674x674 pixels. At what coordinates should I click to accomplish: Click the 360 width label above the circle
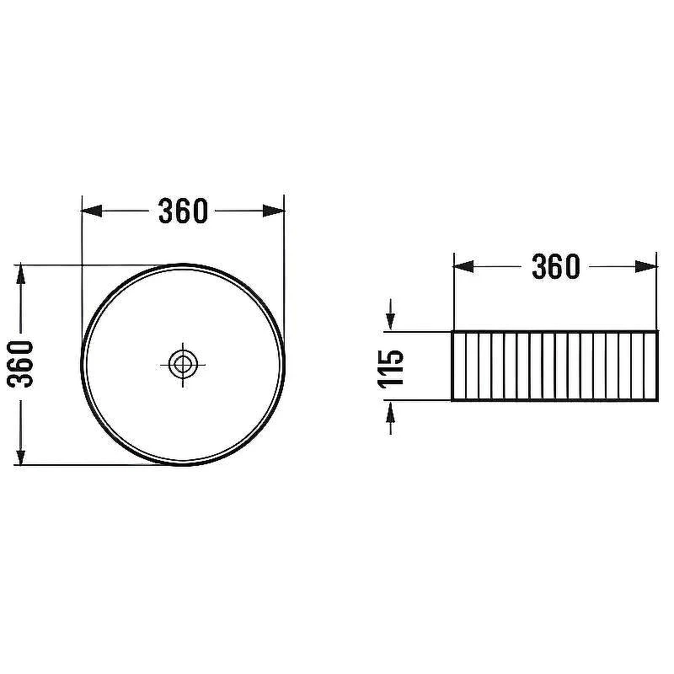(183, 211)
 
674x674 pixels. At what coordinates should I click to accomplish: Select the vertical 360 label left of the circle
(20, 364)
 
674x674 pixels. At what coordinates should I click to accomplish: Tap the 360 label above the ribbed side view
(556, 266)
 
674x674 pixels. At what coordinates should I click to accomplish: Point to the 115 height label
(391, 368)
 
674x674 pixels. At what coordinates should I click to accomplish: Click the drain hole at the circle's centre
(183, 365)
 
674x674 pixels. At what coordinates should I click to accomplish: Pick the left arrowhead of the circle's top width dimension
(92, 211)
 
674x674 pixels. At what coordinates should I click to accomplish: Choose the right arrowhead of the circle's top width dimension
(274, 211)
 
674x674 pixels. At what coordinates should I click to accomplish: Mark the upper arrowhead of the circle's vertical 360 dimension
(20, 275)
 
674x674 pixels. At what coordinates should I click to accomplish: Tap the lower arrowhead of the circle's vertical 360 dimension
(20, 455)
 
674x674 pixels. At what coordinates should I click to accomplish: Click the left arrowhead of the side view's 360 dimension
(464, 266)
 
